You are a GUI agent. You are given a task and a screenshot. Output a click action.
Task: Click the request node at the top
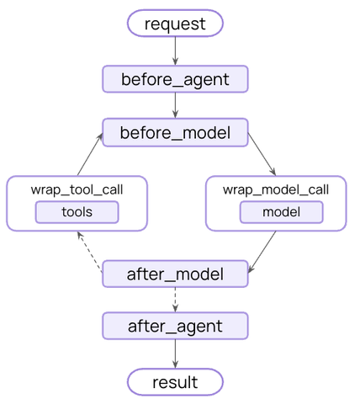tap(175, 24)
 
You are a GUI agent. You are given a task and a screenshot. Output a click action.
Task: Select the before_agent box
tap(175, 79)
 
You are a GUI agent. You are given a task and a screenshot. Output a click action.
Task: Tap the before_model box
tap(175, 132)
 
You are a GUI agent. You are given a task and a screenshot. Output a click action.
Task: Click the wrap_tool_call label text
tap(77, 190)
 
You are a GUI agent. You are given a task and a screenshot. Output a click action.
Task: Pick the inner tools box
tap(77, 212)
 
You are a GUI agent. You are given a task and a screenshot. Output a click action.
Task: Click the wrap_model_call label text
tap(276, 190)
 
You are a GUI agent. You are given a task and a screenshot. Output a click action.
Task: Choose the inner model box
tap(282, 212)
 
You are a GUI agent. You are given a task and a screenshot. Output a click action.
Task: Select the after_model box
tap(175, 274)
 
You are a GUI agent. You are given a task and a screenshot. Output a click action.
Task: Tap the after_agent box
tap(175, 326)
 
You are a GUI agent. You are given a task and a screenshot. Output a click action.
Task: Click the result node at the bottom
tap(175, 382)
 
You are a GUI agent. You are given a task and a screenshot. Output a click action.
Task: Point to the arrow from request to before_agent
tap(175, 51)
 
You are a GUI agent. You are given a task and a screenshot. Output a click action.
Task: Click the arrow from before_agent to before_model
tap(175, 105)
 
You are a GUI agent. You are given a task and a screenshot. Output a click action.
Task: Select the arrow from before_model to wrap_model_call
tap(262, 154)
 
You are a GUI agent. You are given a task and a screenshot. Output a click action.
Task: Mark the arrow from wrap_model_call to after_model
tap(262, 252)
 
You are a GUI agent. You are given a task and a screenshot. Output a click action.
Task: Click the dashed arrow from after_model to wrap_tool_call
tap(90, 252)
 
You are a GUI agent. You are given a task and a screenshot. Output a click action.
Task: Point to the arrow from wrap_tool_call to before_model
tap(90, 154)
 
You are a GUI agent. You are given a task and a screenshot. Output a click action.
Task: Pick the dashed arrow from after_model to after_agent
tap(175, 300)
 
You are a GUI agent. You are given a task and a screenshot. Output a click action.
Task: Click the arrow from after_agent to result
tap(175, 354)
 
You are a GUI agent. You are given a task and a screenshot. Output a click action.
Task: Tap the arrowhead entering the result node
tap(175, 364)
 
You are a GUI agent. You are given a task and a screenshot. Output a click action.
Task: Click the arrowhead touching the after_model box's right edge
tap(251, 268)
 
